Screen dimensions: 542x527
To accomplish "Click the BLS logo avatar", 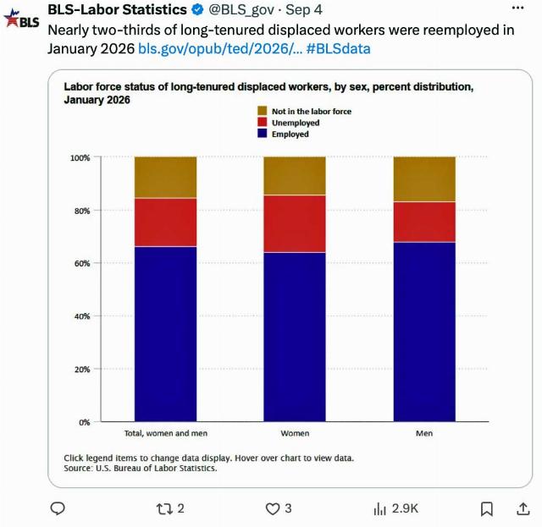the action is click(x=21, y=19).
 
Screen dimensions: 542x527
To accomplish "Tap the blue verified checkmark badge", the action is click(x=197, y=9).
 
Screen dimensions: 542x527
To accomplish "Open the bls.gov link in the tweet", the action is click(x=220, y=49).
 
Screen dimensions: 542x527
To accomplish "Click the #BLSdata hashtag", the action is click(x=338, y=49).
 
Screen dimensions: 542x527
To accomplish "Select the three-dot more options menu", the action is click(x=517, y=8).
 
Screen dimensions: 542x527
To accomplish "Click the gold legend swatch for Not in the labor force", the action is click(x=263, y=111).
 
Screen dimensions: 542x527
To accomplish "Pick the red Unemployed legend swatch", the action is click(x=263, y=123).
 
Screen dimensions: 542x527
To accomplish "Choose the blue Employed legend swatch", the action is click(x=263, y=134).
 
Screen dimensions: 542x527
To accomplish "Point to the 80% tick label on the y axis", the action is click(x=82, y=211).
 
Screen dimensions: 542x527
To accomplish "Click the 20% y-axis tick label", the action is click(x=82, y=369).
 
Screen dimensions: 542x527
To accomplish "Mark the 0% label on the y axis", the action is click(x=85, y=422).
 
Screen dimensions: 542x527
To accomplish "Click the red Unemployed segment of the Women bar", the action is click(x=295, y=224).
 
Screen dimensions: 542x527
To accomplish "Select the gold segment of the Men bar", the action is click(x=424, y=178).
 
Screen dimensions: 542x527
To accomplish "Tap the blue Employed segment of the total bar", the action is click(x=166, y=334).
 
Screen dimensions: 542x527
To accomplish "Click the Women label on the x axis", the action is click(x=295, y=433).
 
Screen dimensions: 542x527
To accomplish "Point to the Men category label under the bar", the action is click(x=424, y=433).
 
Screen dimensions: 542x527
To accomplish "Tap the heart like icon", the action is click(x=273, y=508).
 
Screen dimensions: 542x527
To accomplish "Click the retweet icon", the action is click(x=164, y=508).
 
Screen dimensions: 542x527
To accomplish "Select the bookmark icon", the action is click(x=487, y=509).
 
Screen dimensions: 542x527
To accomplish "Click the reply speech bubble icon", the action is click(x=58, y=508).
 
